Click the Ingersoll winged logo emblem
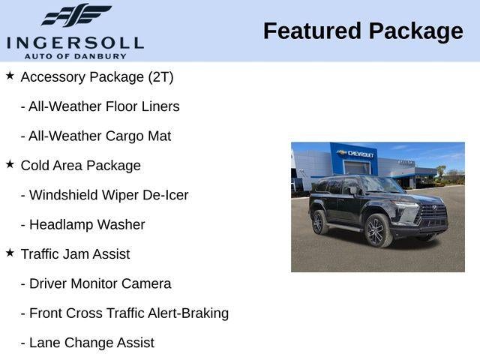point(76,15)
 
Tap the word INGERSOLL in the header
point(75,42)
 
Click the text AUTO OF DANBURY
point(75,55)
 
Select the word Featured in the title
point(310,31)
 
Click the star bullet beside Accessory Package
point(10,76)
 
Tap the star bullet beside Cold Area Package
point(10,164)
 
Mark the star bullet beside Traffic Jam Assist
point(10,253)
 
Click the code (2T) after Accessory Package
point(159,77)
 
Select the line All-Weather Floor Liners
point(100,106)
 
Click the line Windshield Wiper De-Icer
point(104,195)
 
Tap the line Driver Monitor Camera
point(95,283)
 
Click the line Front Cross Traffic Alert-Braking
point(124,313)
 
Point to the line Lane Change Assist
point(87,343)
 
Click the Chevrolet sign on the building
point(358,154)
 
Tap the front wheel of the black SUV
point(376,231)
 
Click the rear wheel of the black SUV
point(319,221)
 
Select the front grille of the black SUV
point(433,217)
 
